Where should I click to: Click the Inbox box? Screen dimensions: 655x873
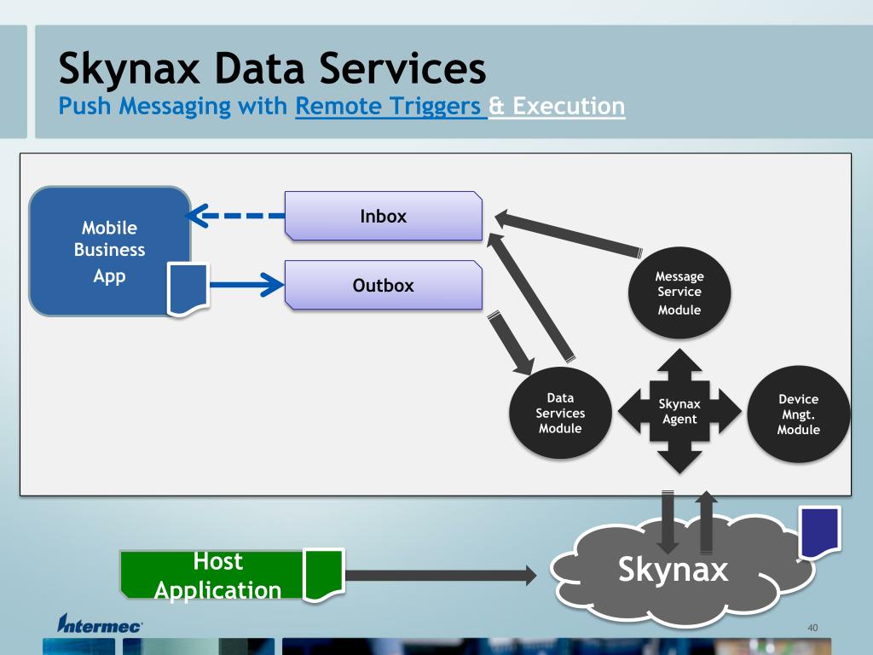pos(383,216)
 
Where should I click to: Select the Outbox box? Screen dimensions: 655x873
pos(383,285)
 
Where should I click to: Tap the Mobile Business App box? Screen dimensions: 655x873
pos(109,252)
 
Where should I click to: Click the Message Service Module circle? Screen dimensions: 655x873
pos(679,293)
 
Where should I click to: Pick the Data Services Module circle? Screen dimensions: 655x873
pos(560,413)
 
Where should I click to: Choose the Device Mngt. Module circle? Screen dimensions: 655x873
pos(798,414)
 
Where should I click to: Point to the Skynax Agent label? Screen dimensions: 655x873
pos(679,411)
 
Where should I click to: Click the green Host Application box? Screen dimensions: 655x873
pos(213,575)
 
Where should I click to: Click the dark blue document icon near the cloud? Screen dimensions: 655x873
pos(819,531)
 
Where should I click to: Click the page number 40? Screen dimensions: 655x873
pos(812,629)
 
